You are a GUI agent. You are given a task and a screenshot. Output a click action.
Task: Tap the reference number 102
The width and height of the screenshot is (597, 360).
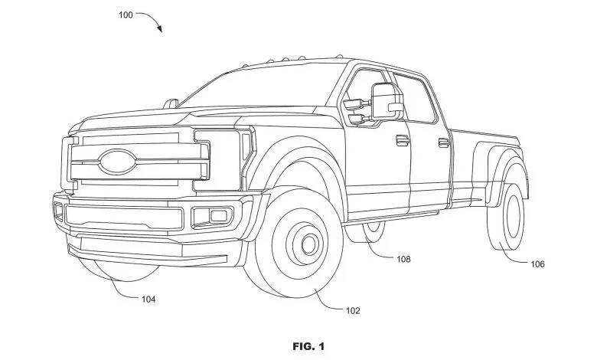(353, 310)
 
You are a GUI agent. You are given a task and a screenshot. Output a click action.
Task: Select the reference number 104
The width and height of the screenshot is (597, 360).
(148, 299)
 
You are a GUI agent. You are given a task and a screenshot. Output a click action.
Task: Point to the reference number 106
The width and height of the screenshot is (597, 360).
(537, 264)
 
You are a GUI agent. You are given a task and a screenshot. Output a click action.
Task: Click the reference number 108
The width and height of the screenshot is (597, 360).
(403, 259)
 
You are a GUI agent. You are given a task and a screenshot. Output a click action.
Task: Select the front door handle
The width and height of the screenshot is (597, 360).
(400, 139)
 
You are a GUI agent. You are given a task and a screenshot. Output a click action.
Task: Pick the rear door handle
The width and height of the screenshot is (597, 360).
(443, 142)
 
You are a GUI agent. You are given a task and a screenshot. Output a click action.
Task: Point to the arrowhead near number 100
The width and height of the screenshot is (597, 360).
(160, 29)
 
